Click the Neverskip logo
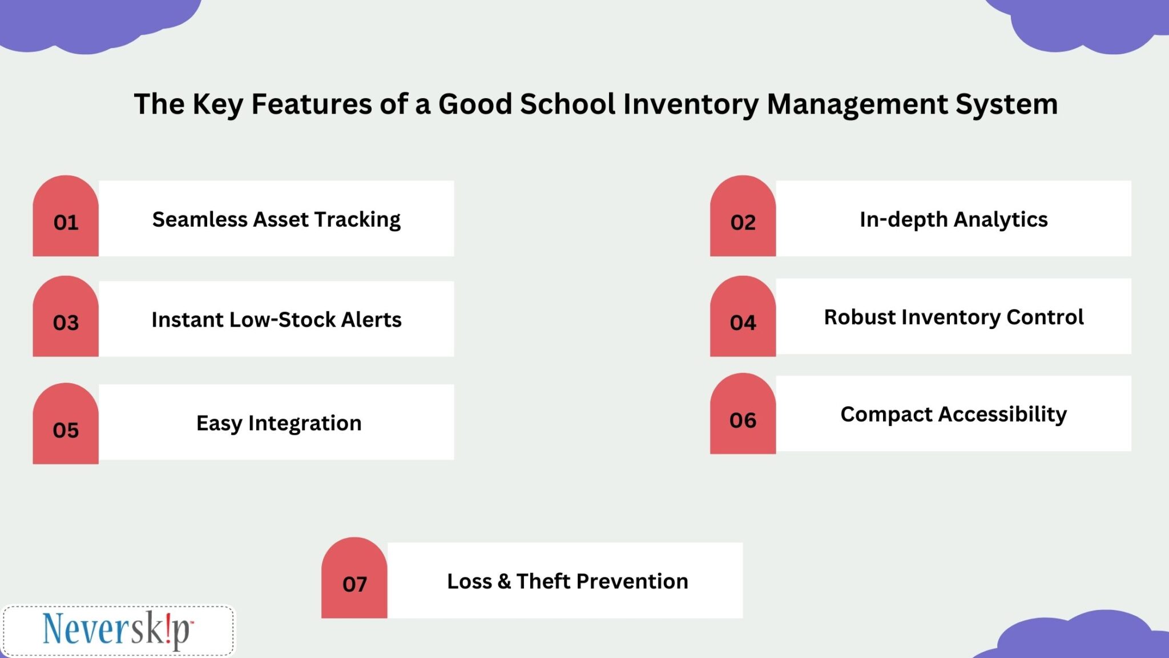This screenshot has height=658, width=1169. coord(118,631)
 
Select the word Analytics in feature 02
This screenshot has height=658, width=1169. coord(1001,220)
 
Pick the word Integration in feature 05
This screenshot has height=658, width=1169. coord(305,424)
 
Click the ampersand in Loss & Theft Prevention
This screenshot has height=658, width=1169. coord(503,581)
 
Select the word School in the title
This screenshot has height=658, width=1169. coord(567,105)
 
